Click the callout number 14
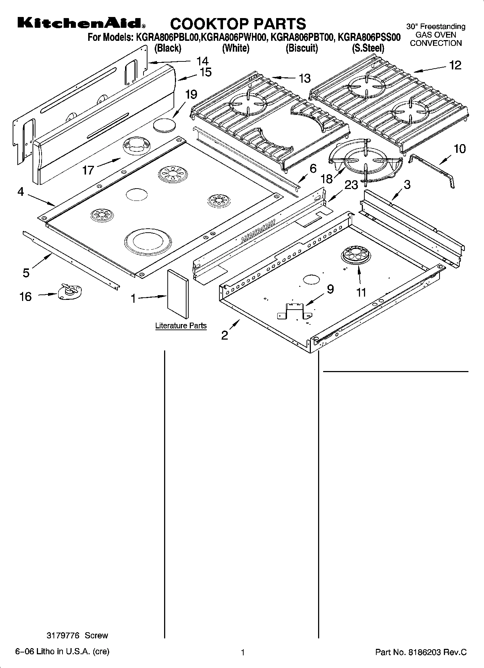coord(202,61)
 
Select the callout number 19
coord(191,95)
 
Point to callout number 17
coord(88,170)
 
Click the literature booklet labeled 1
coord(177,294)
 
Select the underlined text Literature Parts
coord(181,326)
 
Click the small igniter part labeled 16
coord(70,291)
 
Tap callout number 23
coord(351,185)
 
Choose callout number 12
coord(455,65)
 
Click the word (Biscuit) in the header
coord(301,48)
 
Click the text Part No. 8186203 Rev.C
coord(421,652)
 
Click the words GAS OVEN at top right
coord(436,35)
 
